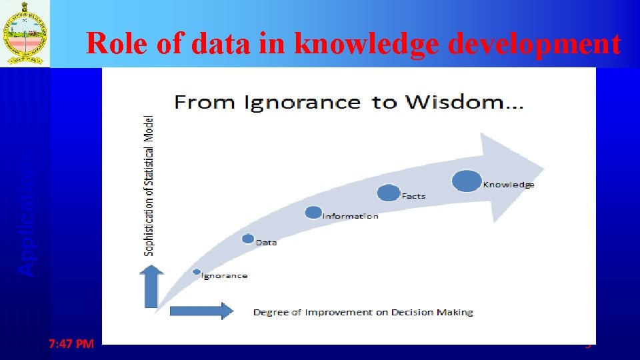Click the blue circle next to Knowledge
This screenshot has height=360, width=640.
(x=467, y=181)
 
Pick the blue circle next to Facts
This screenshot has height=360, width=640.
(x=388, y=193)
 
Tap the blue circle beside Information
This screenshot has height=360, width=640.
(x=313, y=213)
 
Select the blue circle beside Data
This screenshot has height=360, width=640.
(x=248, y=239)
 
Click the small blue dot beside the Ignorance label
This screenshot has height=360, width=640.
(x=197, y=272)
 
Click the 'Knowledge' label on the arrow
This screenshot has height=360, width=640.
(x=509, y=185)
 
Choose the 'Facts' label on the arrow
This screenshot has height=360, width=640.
(x=413, y=196)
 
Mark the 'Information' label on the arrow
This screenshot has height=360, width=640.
(x=351, y=216)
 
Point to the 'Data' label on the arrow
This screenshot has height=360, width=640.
(x=266, y=243)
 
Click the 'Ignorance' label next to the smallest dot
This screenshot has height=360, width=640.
(x=225, y=275)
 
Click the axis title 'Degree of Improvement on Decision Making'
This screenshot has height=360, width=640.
(x=363, y=312)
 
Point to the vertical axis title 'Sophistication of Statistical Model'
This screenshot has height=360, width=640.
(x=149, y=186)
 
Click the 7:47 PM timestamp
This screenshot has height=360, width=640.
(x=71, y=344)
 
